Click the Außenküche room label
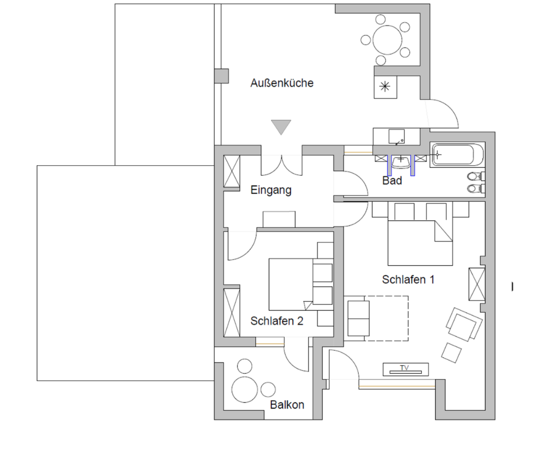point(281,83)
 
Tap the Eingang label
point(271,190)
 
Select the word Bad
point(392,181)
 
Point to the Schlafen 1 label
point(408,280)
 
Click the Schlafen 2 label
point(277,321)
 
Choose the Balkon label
point(287,405)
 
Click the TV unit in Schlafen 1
point(405,370)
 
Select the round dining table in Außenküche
point(387,40)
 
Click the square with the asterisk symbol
point(385,87)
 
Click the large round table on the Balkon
point(244,389)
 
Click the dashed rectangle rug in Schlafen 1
point(376,318)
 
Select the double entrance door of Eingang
point(281,165)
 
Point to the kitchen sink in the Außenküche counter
point(396,137)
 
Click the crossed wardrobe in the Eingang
point(232,172)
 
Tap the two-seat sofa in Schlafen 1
point(358,318)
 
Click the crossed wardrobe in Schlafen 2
point(232,312)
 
